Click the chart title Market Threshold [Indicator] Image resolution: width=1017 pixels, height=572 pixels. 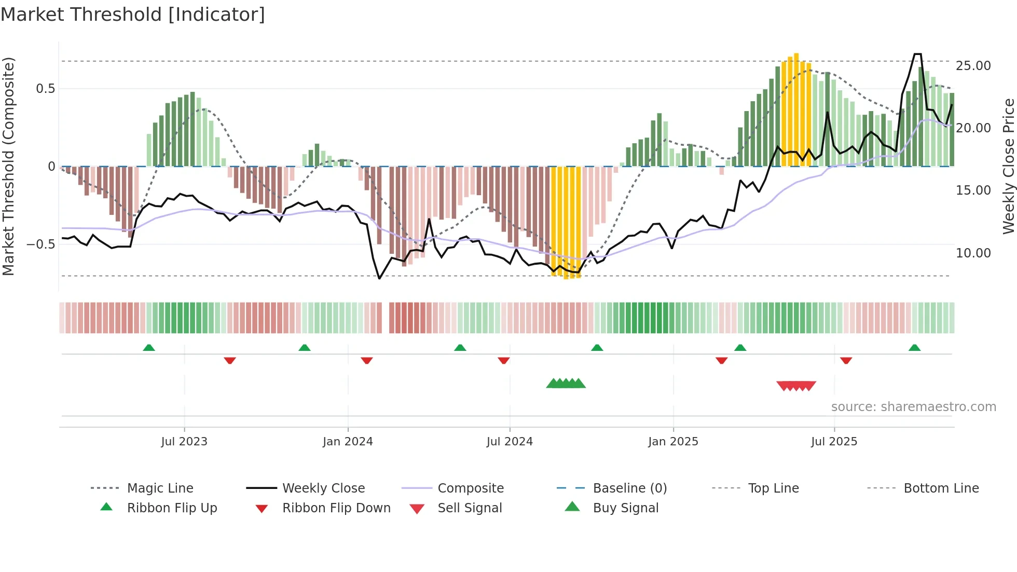pyautogui.click(x=133, y=15)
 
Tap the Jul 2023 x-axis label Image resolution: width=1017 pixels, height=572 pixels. pyautogui.click(x=184, y=442)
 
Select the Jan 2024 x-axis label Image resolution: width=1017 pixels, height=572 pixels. pyautogui.click(x=348, y=442)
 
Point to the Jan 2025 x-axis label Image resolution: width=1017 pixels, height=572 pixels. pyautogui.click(x=673, y=442)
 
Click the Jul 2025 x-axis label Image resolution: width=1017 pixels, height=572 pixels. pyautogui.click(x=834, y=442)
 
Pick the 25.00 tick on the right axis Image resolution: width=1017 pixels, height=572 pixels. pyautogui.click(x=973, y=66)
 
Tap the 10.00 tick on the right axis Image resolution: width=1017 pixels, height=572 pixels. pyautogui.click(x=973, y=253)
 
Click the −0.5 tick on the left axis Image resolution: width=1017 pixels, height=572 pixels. pyautogui.click(x=40, y=244)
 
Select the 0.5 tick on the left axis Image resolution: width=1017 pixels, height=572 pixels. pyautogui.click(x=45, y=89)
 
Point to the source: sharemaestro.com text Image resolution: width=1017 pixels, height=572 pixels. pyautogui.click(x=913, y=407)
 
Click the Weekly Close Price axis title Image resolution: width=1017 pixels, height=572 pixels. pyautogui.click(x=1008, y=166)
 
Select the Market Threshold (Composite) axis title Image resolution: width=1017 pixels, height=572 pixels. pyautogui.click(x=8, y=166)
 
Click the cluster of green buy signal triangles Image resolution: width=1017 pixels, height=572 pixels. pyautogui.click(x=566, y=384)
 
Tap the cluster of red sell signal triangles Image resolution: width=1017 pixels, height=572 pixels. pyautogui.click(x=796, y=386)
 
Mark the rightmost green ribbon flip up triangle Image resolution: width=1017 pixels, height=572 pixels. pyautogui.click(x=914, y=348)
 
